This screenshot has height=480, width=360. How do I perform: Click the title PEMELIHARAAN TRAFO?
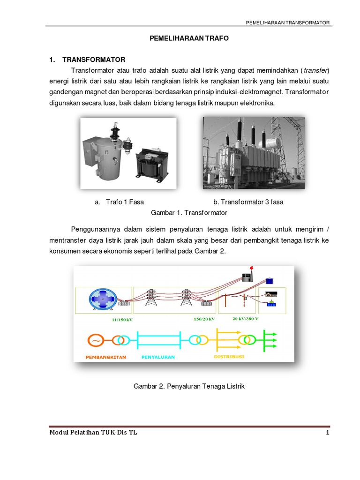click(x=189, y=38)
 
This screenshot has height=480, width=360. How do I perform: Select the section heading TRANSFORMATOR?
click(x=93, y=60)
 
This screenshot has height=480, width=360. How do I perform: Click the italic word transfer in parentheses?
click(x=315, y=70)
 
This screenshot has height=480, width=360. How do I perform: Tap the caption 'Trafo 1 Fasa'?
click(x=125, y=202)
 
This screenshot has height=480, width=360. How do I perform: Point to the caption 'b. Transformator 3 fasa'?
click(x=248, y=202)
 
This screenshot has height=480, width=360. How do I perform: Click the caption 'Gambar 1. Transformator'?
click(x=189, y=213)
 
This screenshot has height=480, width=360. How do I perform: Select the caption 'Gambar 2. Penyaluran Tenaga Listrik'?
click(x=189, y=386)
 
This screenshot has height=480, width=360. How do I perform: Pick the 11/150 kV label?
click(x=120, y=320)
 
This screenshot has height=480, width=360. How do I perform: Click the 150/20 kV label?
click(x=204, y=319)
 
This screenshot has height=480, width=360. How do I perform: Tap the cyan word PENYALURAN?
click(x=158, y=357)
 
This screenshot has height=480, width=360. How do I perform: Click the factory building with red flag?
click(x=247, y=275)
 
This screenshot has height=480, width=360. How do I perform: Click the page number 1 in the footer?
click(x=328, y=432)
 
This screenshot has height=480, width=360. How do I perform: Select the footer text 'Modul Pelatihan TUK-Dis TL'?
click(x=93, y=432)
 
